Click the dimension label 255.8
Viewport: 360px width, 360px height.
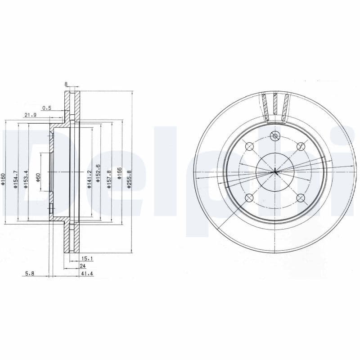pos(129,178)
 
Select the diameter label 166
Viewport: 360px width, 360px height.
pos(119,174)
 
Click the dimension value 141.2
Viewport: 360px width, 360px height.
pos(90,179)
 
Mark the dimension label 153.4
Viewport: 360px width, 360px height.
pos(26,179)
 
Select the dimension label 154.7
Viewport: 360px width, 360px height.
pos(15,179)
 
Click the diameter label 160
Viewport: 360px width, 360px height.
pos(3,177)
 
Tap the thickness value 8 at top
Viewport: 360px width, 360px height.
pos(66,84)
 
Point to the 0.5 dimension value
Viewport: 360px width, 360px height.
pos(47,108)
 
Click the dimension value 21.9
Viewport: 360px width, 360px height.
pos(30,115)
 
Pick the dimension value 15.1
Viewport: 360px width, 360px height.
pos(87,258)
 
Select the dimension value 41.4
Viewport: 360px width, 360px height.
pos(87,274)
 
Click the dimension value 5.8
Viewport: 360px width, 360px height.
pos(30,274)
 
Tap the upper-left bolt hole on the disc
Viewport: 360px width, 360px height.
pos(249,147)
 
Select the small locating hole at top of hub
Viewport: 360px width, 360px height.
pos(274,136)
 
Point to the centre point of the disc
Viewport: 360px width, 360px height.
pos(274,171)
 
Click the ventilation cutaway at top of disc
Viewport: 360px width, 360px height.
pos(275,107)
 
